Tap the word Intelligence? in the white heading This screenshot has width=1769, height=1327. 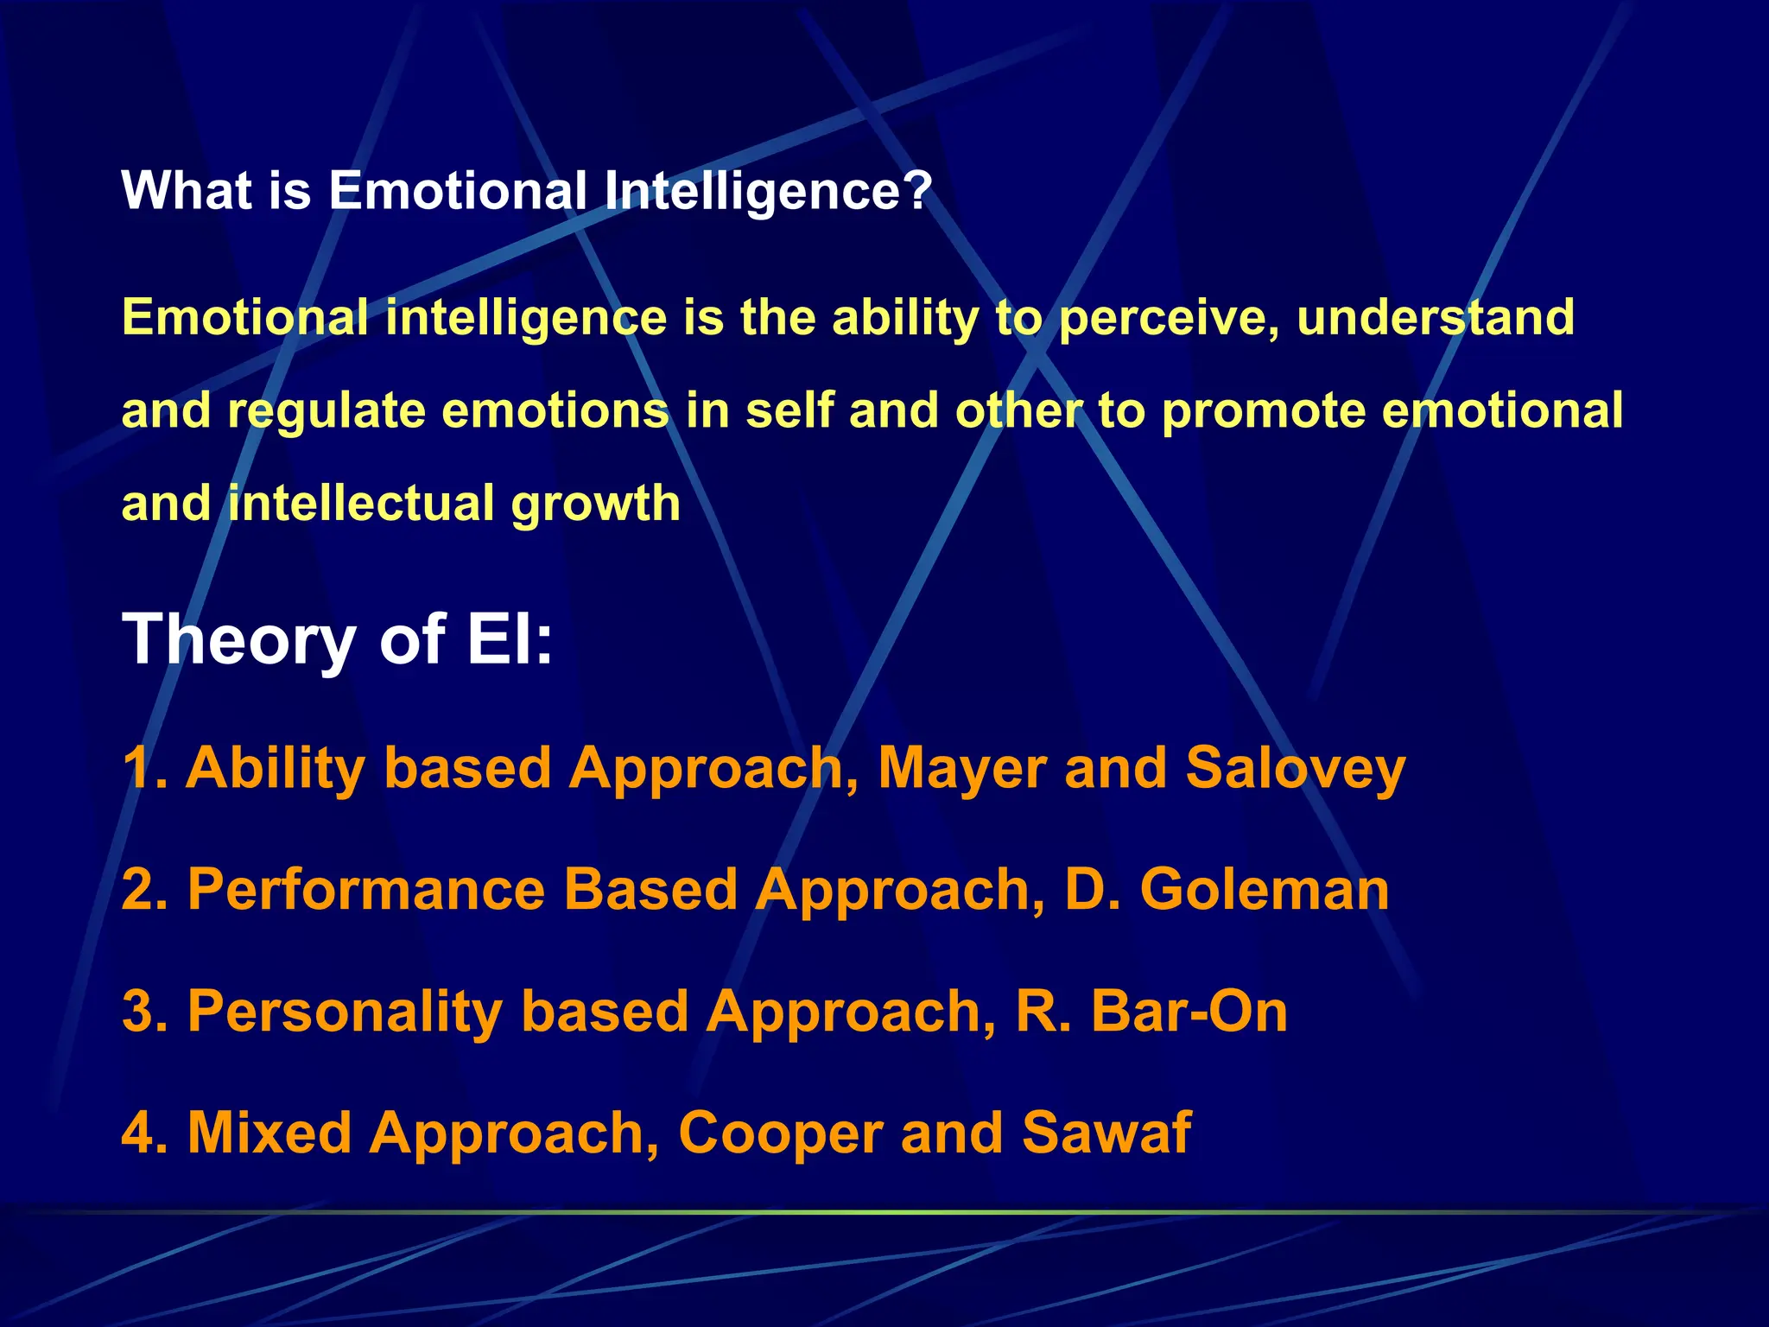pyautogui.click(x=768, y=191)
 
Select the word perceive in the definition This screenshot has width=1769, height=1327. pyautogui.click(x=1168, y=317)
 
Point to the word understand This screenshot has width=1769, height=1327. pyautogui.click(x=1436, y=317)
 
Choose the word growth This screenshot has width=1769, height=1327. pyautogui.click(x=595, y=505)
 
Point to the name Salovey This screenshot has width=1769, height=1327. pyautogui.click(x=1296, y=769)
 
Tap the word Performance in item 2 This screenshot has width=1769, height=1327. pyautogui.click(x=366, y=890)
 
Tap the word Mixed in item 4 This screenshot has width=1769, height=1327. pyautogui.click(x=269, y=1133)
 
